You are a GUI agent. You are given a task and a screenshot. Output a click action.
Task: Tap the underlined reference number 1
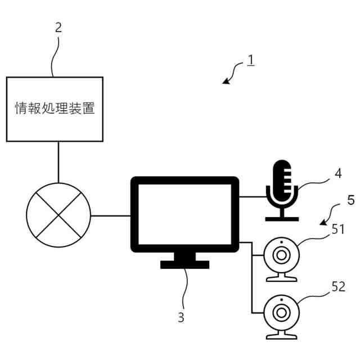tap(250, 60)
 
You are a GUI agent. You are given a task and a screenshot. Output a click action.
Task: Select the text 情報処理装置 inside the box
tap(55, 109)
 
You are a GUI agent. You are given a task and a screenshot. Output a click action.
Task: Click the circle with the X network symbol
tap(58, 215)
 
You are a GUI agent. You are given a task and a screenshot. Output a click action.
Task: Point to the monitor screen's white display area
tap(185, 214)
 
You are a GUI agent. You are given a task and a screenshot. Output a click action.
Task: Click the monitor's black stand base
tap(184, 264)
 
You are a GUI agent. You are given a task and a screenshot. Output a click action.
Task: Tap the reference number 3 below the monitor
tap(181, 317)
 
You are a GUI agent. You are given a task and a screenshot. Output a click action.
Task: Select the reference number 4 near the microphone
tap(337, 174)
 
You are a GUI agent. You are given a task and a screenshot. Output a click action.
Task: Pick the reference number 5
tap(350, 200)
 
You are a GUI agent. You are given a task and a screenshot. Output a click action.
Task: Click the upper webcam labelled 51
tap(281, 256)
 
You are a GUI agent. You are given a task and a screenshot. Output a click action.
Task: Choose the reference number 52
tap(339, 287)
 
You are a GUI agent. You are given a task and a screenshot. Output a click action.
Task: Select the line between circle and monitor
tap(110, 215)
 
